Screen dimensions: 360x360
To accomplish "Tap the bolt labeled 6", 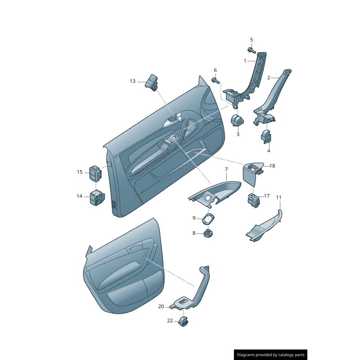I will [216, 81].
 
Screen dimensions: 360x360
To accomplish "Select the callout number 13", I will [132, 81].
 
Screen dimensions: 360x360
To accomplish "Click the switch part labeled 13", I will [152, 82].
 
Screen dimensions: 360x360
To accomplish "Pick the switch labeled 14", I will [97, 198].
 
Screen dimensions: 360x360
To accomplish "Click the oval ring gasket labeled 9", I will [207, 219].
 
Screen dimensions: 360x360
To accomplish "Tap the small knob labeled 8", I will [208, 234].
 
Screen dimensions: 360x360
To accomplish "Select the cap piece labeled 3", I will [237, 121].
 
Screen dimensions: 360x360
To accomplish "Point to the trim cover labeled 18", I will [252, 173].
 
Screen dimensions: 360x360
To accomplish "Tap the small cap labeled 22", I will [183, 321].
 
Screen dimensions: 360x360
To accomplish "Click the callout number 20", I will [161, 306].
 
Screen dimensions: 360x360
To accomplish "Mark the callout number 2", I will [269, 77].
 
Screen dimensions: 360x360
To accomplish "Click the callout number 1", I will [245, 61].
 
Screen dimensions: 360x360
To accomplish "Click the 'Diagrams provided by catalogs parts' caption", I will [270, 355].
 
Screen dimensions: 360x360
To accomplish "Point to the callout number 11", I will [279, 197].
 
